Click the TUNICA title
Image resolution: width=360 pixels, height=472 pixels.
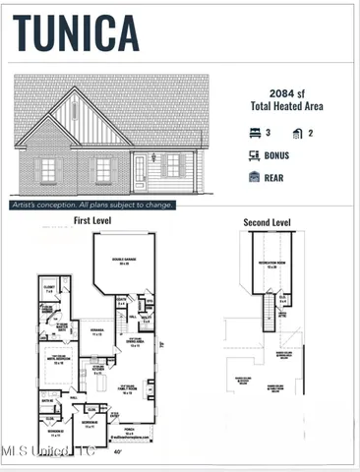pyautogui.click(x=76, y=32)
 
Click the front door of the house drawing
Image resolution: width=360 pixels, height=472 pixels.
pyautogui.click(x=140, y=173)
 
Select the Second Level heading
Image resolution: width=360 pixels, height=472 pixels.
pyautogui.click(x=267, y=223)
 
